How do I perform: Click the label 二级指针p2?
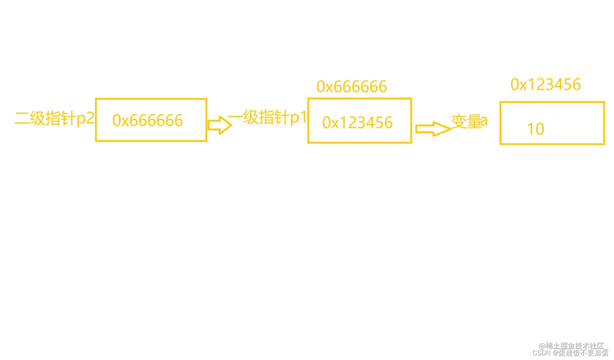click(54, 118)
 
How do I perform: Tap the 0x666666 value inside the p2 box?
click(147, 121)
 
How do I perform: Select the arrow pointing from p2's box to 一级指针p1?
click(220, 125)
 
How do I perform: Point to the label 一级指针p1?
click(267, 117)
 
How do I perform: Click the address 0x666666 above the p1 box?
click(352, 87)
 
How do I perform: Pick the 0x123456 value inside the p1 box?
click(357, 123)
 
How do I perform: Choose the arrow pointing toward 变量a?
click(433, 129)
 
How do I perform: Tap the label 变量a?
click(469, 121)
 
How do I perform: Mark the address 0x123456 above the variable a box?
click(545, 85)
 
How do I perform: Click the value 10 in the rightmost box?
click(536, 129)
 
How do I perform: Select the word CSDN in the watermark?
click(541, 353)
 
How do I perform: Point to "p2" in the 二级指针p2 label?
click(86, 118)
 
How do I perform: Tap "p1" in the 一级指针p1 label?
click(298, 117)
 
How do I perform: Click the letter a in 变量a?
click(484, 121)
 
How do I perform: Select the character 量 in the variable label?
click(473, 121)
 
